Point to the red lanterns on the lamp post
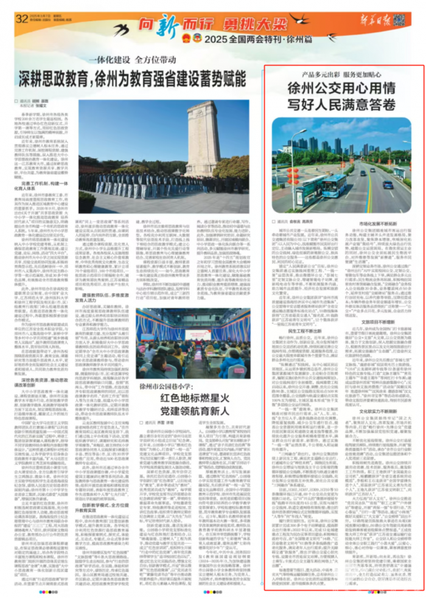tap(294, 174)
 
